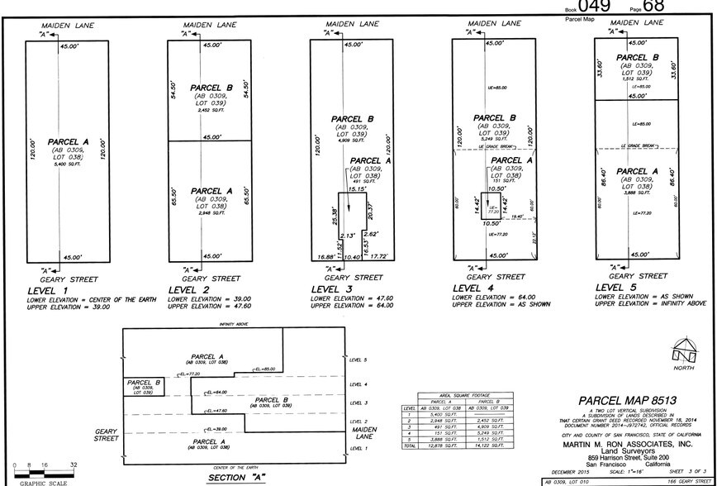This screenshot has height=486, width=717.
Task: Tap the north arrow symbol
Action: point(681,348)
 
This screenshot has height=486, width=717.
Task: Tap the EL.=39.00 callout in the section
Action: point(216,430)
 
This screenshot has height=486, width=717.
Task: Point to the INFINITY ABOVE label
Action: point(234,325)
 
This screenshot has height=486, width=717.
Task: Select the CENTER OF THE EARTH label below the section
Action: point(231,469)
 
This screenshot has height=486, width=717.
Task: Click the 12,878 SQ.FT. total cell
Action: point(444,445)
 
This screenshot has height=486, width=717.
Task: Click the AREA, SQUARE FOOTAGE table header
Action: point(464,397)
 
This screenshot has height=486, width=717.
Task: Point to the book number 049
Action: point(594,6)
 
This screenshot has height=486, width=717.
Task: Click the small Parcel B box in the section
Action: point(144,386)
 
